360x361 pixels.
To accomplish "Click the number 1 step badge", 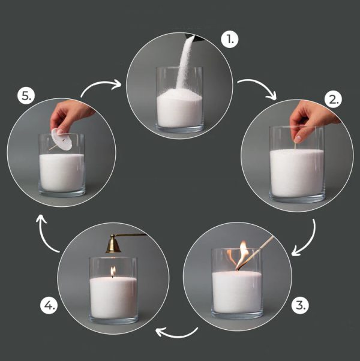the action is [x=230, y=40].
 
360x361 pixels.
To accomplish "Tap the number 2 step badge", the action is [x=333, y=100].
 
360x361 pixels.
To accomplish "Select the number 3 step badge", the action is [x=300, y=305].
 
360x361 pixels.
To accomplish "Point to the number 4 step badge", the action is [x=49, y=305].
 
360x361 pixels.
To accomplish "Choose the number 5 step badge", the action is [x=26, y=95].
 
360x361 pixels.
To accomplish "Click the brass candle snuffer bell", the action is [x=113, y=244].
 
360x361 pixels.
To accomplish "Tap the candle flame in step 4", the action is [x=113, y=272].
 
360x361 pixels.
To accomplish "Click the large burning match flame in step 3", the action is [x=242, y=254].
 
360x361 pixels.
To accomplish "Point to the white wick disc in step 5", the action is [x=62, y=139].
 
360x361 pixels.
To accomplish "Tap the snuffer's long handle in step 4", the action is [x=131, y=235].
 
